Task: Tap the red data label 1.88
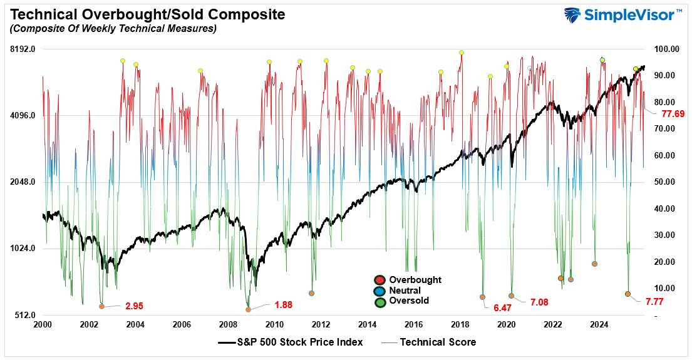(x=283, y=305)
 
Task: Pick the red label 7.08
(x=539, y=302)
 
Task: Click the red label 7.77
(x=654, y=302)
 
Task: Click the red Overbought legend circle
(x=379, y=280)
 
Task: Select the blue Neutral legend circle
(x=379, y=291)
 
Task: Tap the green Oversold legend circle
(x=379, y=301)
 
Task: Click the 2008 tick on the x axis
(x=228, y=324)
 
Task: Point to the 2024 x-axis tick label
(x=599, y=324)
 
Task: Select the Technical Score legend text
(x=438, y=342)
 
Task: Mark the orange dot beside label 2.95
(x=101, y=306)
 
